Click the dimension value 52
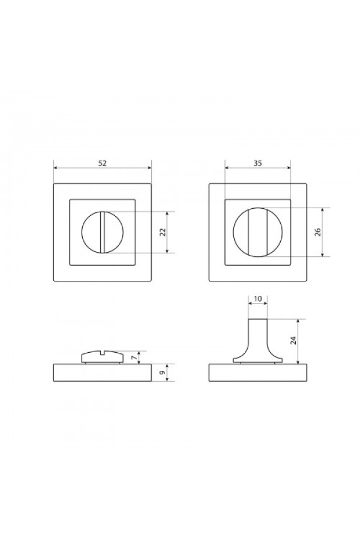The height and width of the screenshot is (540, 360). pyautogui.click(x=103, y=163)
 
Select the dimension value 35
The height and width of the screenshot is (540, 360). pyautogui.click(x=257, y=163)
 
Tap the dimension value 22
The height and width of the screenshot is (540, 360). pyautogui.click(x=163, y=232)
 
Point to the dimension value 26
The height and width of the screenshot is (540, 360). pyautogui.click(x=318, y=232)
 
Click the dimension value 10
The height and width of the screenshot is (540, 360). pyautogui.click(x=257, y=299)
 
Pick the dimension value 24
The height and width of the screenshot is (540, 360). pyautogui.click(x=293, y=341)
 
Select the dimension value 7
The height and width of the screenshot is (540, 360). pyautogui.click(x=133, y=358)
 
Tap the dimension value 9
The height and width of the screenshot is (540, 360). pyautogui.click(x=163, y=372)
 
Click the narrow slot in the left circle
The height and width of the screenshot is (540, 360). pyautogui.click(x=103, y=232)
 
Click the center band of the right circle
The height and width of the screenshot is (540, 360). pyautogui.click(x=257, y=232)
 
